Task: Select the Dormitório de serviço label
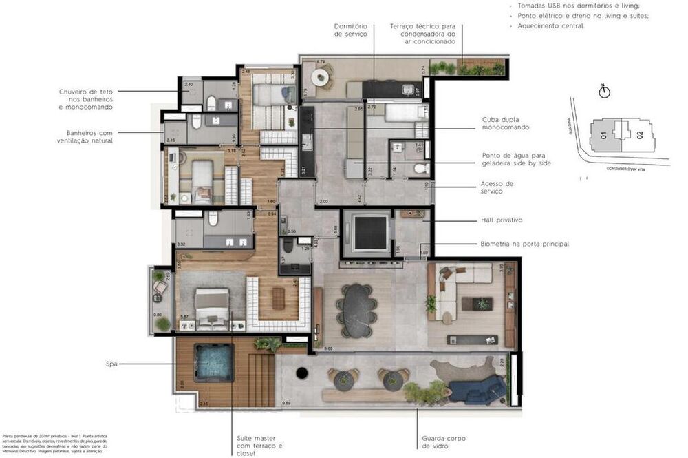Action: click(351, 30)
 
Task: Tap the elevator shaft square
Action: click(371, 232)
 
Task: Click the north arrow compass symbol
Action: click(605, 92)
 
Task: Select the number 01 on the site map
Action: click(603, 136)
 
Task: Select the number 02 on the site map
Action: click(640, 135)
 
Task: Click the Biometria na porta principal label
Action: click(524, 244)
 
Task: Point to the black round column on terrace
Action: click(301, 373)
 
